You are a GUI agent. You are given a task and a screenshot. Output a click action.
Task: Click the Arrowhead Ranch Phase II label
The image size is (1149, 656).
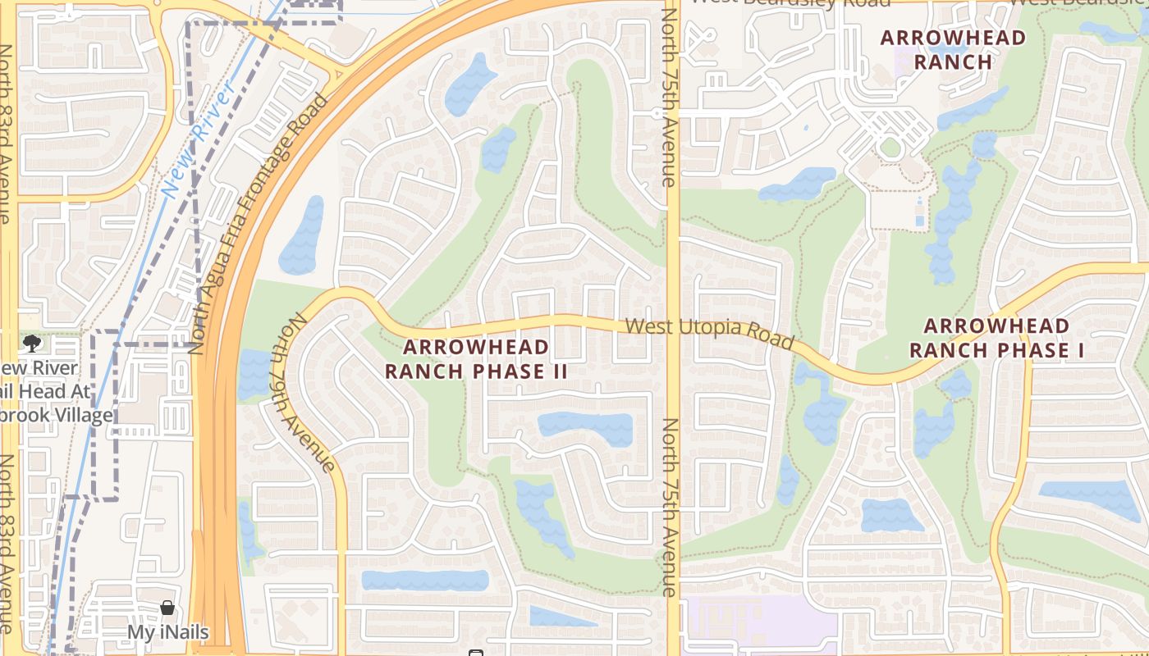476,359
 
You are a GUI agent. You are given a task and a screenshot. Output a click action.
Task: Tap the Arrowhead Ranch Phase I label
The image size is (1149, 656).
996,338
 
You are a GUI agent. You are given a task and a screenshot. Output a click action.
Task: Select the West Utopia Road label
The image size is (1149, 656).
710,332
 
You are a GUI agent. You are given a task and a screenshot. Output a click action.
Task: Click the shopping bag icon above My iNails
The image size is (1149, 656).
167,608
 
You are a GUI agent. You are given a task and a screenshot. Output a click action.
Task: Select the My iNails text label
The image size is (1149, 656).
167,632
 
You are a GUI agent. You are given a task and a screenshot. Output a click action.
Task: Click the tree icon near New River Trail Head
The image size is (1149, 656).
32,344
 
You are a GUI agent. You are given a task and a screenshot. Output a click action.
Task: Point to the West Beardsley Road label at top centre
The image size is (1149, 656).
790,3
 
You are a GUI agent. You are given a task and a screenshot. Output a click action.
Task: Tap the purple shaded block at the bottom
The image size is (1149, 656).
759,623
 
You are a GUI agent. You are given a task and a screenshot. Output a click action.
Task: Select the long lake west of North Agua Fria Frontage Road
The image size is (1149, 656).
302,236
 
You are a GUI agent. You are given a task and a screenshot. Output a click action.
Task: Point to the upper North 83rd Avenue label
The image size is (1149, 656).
6,131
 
